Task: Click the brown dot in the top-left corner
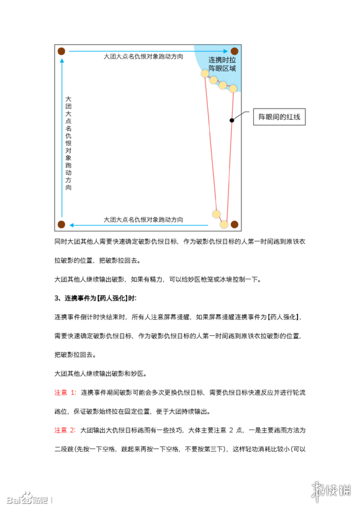click(61, 51)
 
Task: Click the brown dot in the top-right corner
click(234, 51)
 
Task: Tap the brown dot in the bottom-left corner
click(61, 223)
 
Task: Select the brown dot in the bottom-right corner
click(234, 223)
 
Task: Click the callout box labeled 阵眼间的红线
click(282, 117)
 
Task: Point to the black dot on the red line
click(232, 120)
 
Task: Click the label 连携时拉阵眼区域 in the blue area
click(222, 64)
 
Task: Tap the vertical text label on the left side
click(68, 143)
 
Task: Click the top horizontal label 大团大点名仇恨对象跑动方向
click(143, 56)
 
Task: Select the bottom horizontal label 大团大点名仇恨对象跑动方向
click(143, 219)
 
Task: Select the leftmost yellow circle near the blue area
click(205, 73)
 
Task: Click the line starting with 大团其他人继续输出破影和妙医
click(102, 373)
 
